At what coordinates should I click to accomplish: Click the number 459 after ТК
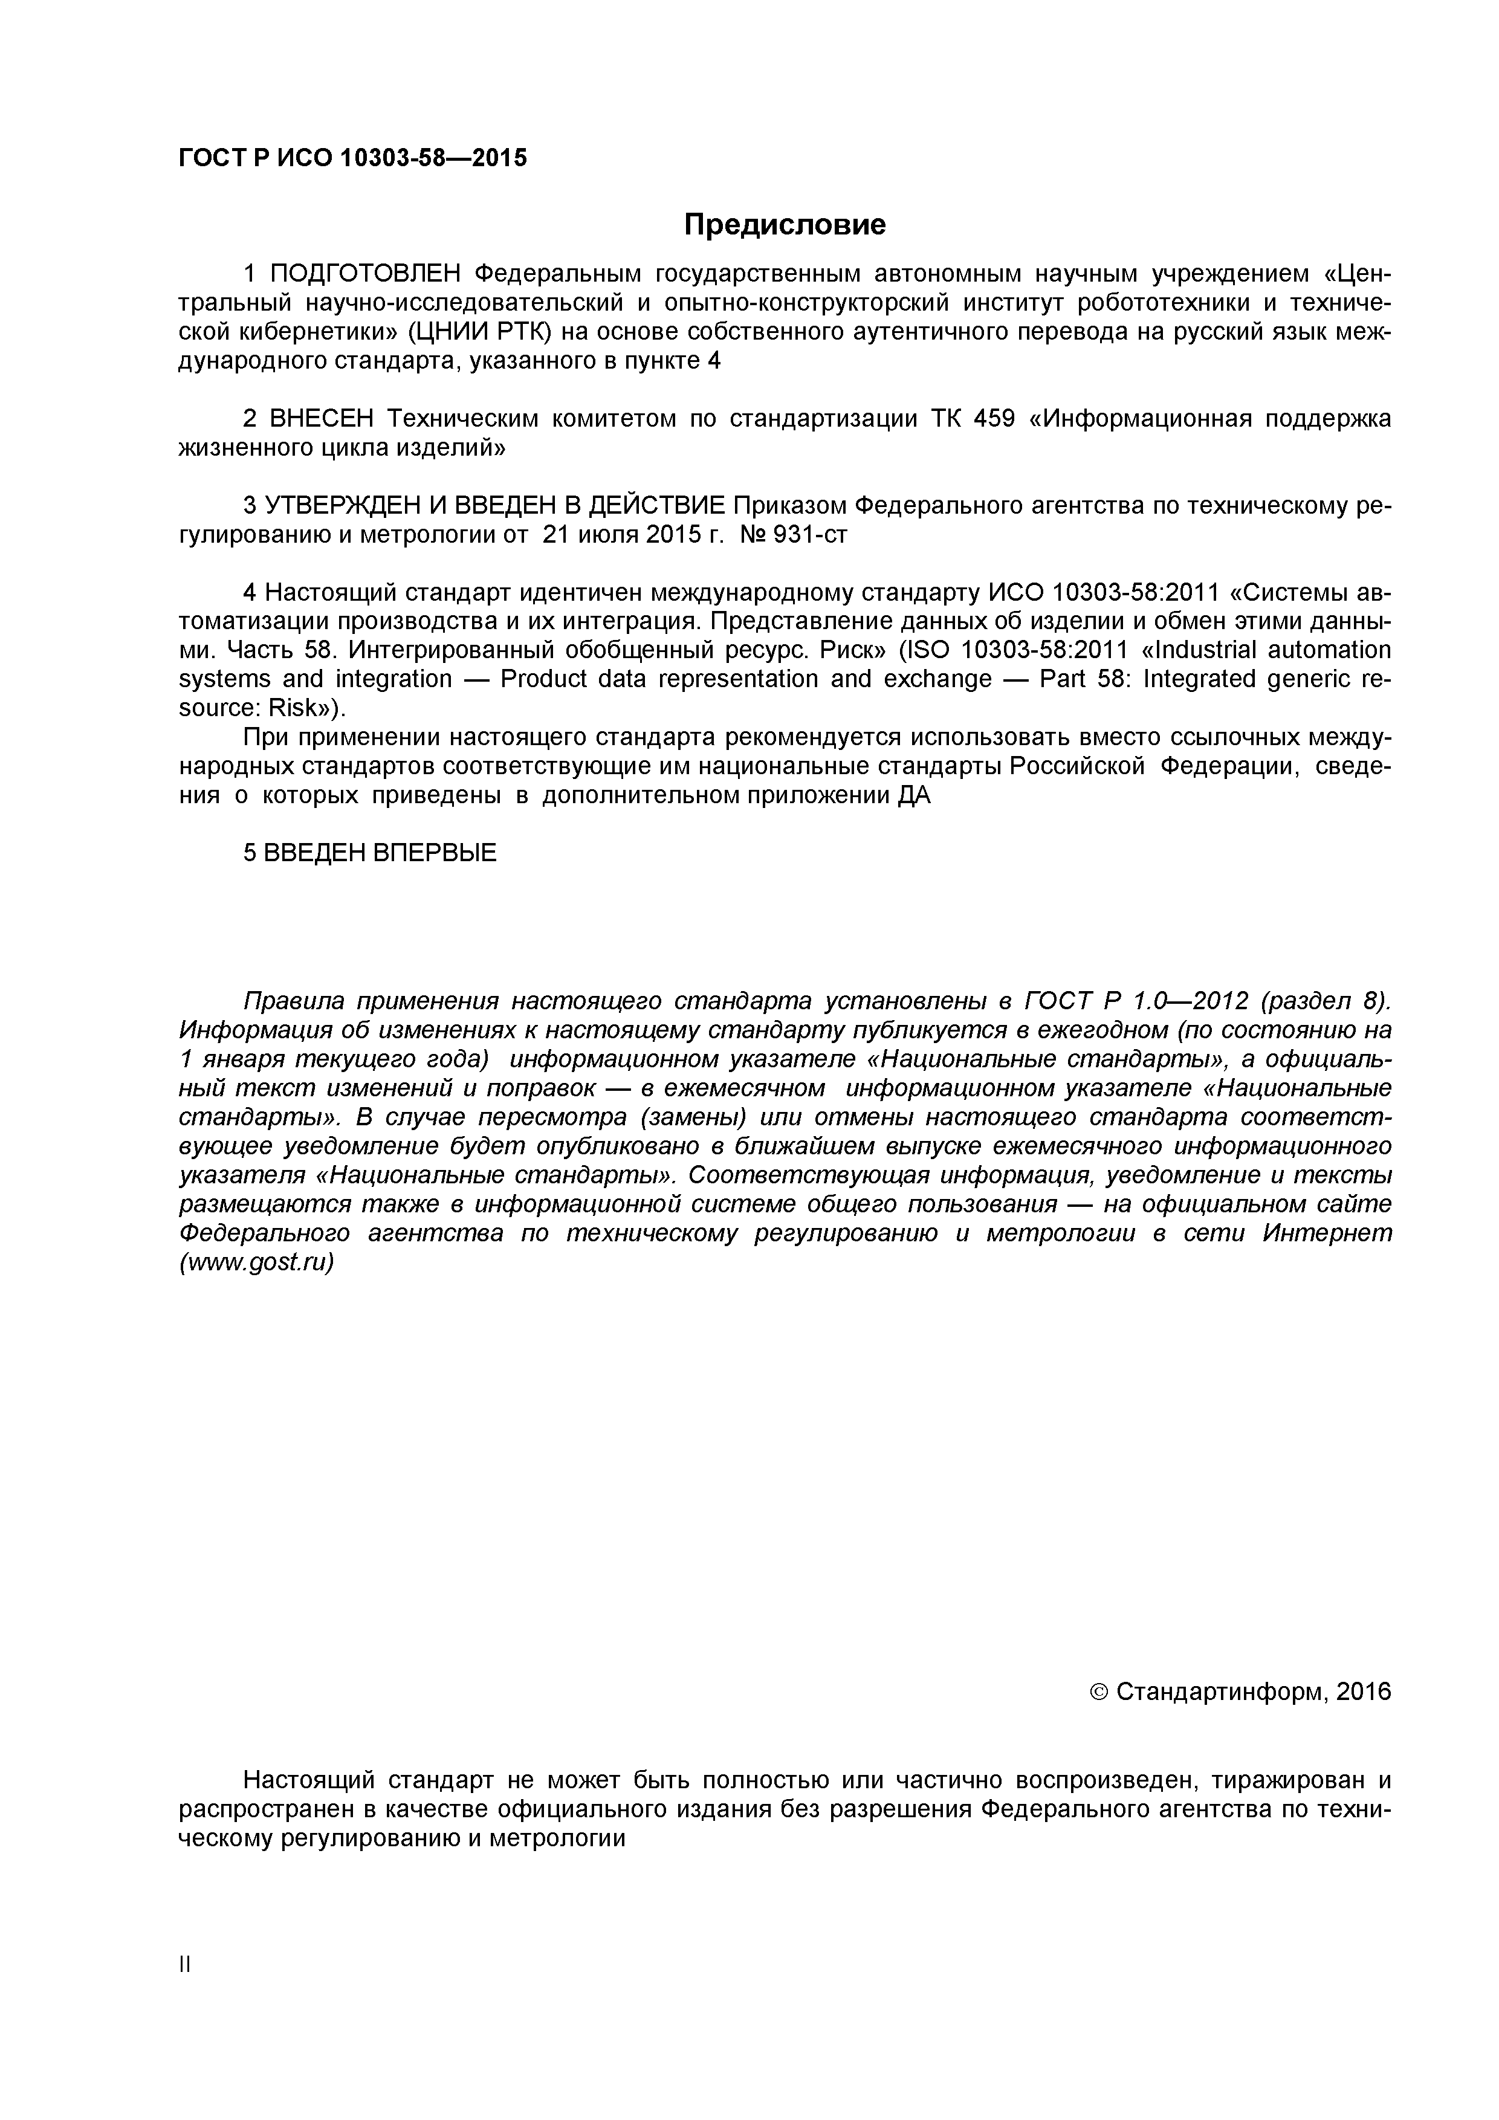pyautogui.click(x=995, y=419)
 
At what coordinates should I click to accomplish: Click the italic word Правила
pyautogui.click(x=293, y=1002)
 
